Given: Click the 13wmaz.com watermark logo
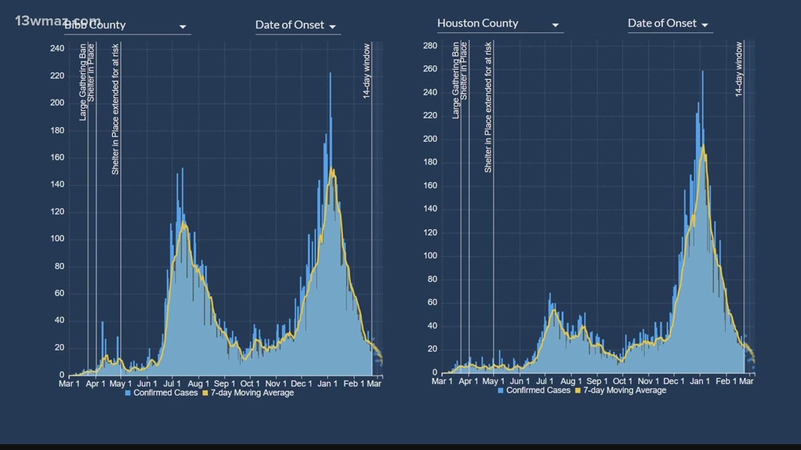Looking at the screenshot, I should pos(56,20).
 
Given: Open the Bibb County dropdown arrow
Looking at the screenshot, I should pos(183,27).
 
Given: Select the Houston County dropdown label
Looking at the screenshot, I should pos(478,23).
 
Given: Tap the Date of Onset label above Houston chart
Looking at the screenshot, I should pos(661,23).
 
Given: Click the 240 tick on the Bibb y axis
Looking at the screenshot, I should pos(57,48).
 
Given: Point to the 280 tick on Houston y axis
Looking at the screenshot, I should pos(430,46).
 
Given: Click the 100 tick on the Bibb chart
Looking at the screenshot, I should pos(57,239).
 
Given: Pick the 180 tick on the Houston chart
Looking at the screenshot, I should pos(430,162).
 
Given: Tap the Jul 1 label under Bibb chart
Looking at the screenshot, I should pos(172,383).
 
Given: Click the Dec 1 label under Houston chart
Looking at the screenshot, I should pos(673,381).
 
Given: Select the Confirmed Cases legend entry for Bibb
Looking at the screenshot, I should pos(162,393).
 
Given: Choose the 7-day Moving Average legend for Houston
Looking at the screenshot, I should pos(620,390).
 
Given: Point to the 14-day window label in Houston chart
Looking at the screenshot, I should pos(738,69).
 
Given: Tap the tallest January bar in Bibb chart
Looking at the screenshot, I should pos(330,74).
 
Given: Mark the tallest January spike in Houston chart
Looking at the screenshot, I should pos(702,72).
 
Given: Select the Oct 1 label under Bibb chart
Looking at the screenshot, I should pos(249,383).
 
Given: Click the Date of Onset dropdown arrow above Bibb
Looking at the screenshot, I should pos(332,27).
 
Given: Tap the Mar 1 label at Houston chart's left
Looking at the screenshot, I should pos(442,381).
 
